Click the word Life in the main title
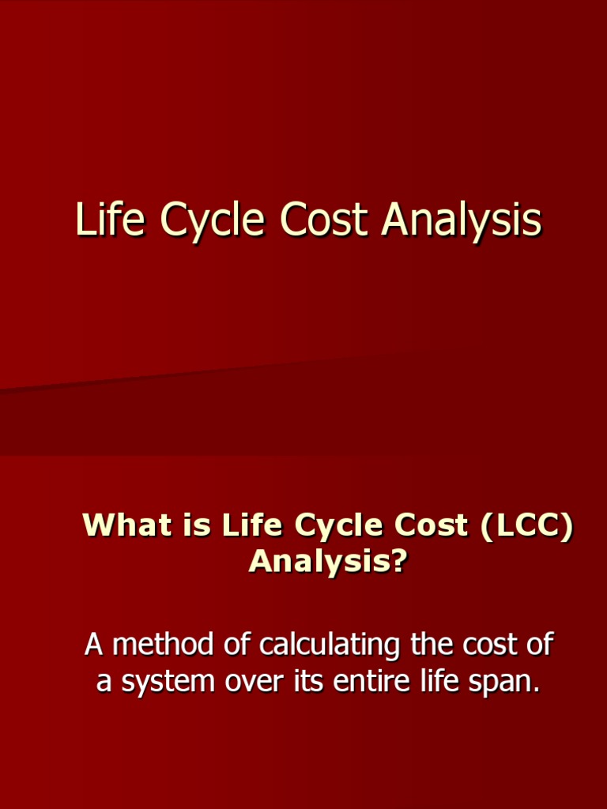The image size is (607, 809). point(111,220)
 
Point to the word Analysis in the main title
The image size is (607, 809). point(461,221)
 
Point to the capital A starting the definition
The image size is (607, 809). point(94,645)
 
